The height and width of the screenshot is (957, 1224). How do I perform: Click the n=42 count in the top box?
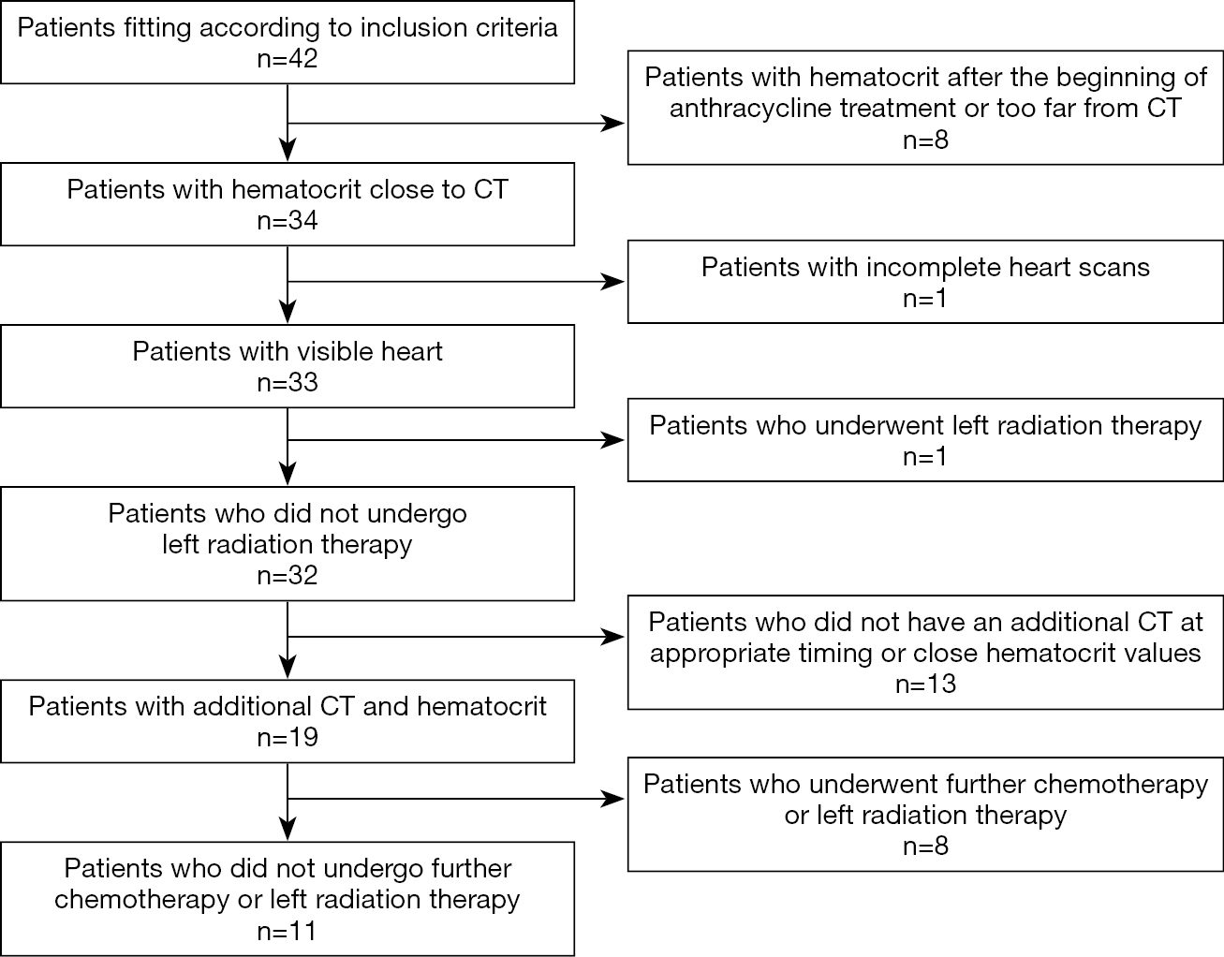[x=288, y=59]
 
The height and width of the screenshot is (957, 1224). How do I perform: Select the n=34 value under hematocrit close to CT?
[x=288, y=220]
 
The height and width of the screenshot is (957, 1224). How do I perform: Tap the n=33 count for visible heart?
[x=288, y=382]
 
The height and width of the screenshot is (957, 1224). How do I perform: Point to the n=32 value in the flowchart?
[x=288, y=575]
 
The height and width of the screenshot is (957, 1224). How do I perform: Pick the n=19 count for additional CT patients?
[x=288, y=737]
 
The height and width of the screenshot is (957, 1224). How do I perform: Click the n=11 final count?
[x=288, y=931]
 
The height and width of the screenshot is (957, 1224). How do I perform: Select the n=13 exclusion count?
[x=925, y=684]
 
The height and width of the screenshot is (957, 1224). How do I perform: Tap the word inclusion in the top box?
[x=416, y=27]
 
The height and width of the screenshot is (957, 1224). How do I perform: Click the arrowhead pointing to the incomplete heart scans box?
[x=614, y=282]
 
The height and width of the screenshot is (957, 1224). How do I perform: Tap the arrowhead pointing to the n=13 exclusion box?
[x=614, y=637]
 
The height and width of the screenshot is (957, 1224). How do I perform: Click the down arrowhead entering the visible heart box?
[x=288, y=313]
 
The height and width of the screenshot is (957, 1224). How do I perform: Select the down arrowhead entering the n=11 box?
[x=288, y=830]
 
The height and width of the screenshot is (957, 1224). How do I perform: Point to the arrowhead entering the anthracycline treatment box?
[x=614, y=123]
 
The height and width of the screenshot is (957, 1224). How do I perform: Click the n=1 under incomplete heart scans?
[x=925, y=299]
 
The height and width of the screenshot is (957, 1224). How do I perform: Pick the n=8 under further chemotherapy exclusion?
[x=925, y=847]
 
